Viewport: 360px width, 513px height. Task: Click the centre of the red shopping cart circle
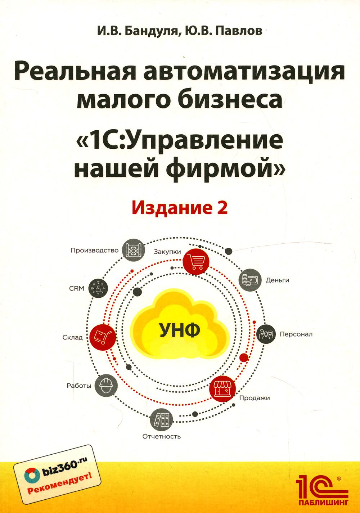[196, 261]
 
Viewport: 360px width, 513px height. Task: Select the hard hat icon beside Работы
[107, 386]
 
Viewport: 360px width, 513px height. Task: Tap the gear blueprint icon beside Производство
[134, 250]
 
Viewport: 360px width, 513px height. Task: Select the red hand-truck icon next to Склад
[103, 337]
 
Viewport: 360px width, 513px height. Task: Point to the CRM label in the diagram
[77, 288]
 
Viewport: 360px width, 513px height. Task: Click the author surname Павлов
[239, 31]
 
